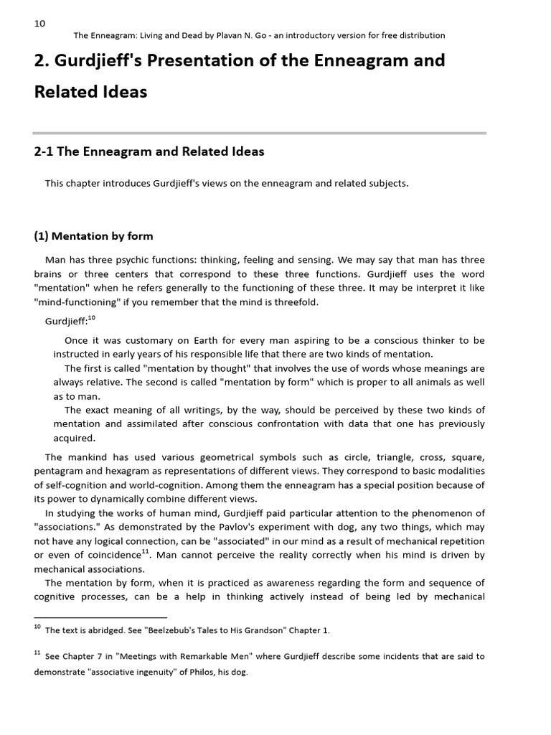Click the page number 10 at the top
pyautogui.click(x=39, y=23)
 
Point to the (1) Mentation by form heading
pyautogui.click(x=93, y=236)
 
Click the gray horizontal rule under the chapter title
pyautogui.click(x=260, y=133)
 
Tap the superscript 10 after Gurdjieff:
pyautogui.click(x=91, y=317)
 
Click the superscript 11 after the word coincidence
pyautogui.click(x=146, y=551)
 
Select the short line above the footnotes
pyautogui.click(x=100, y=617)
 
